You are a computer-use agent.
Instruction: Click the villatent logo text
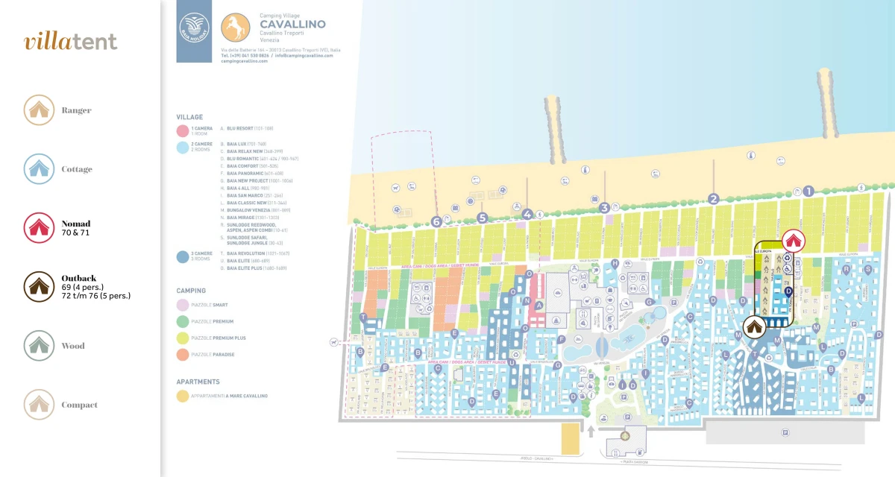coord(70,42)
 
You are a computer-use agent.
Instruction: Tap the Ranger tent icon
coord(39,110)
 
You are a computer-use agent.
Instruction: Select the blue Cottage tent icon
coord(39,169)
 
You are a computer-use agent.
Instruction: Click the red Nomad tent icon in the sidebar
coord(39,228)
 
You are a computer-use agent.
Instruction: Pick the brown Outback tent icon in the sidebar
coord(39,286)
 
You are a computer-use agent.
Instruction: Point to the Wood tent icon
coord(39,346)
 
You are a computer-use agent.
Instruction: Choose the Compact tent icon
coord(39,405)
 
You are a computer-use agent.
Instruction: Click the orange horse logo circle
coord(236,29)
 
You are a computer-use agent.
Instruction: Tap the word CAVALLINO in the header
coord(292,24)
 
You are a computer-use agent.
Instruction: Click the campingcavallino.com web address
coord(244,61)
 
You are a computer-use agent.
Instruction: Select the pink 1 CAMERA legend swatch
coord(182,130)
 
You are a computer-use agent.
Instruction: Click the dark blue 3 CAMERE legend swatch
coord(182,256)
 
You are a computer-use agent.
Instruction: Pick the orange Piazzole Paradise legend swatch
coord(182,355)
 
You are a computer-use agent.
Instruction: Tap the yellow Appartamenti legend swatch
coord(182,396)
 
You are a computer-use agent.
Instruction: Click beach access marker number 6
coord(437,221)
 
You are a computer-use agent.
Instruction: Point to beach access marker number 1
coord(808,191)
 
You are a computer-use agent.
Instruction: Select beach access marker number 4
coord(528,214)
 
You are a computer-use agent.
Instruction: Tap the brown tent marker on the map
coord(754,326)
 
